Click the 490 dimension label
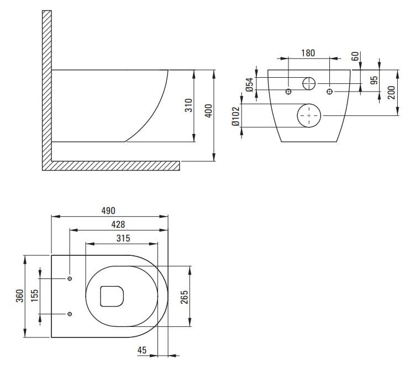tap(108, 211)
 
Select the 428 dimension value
tap(118, 224)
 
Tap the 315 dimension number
tap(123, 238)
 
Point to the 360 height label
tap(20, 296)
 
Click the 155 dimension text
tap(34, 296)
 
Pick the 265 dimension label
tap(185, 297)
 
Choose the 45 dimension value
tap(142, 350)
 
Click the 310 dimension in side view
tap(188, 105)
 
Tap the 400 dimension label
tap(208, 111)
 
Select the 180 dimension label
tap(308, 53)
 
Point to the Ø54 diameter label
tap(250, 85)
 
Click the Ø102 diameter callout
tap(235, 116)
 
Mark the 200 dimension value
tap(391, 93)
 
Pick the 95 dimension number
tap(375, 80)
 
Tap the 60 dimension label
tap(355, 56)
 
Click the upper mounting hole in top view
tap(70, 278)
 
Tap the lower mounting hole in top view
tap(70, 314)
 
